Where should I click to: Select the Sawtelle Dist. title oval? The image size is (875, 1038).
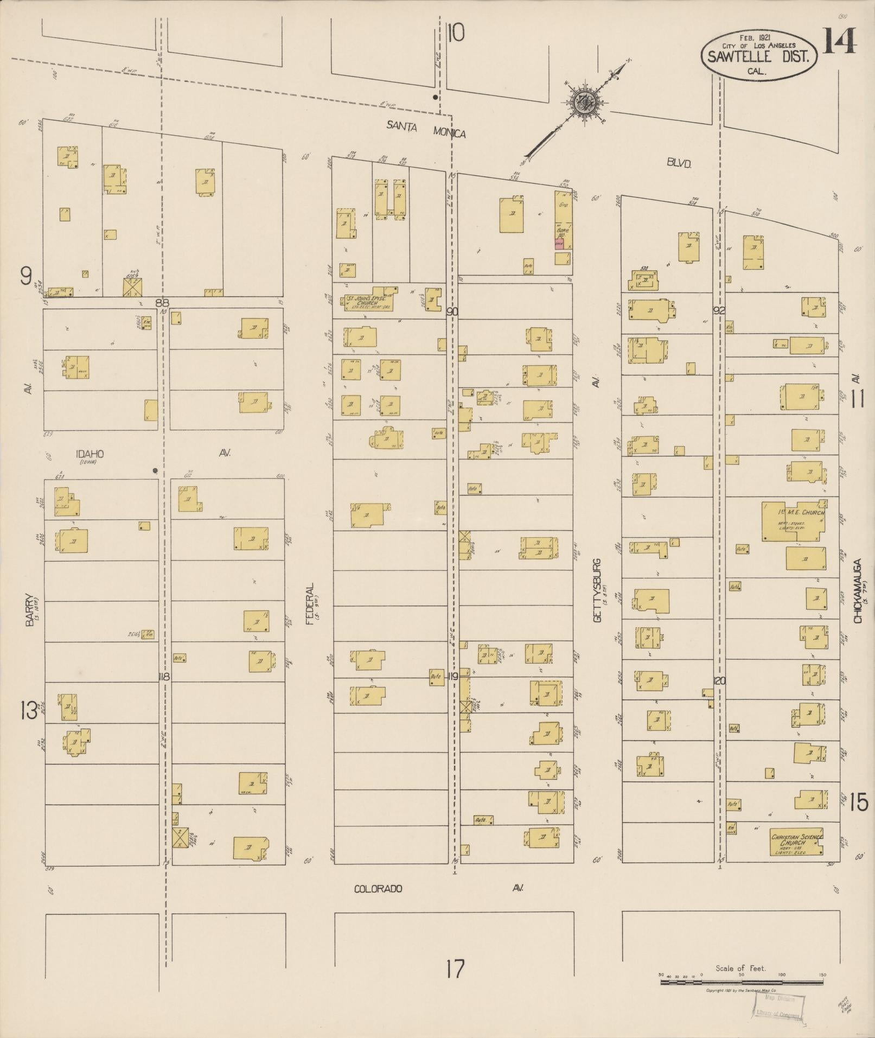coord(759,54)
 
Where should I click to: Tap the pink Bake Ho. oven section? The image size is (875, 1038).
coord(559,244)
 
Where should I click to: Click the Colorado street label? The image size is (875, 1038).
coord(378,889)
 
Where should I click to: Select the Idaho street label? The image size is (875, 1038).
coord(90,454)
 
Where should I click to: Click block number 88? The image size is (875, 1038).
coord(162,303)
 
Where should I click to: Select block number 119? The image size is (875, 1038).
coord(452,677)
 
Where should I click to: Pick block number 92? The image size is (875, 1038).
coord(719,311)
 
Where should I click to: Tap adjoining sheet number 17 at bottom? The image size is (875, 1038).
coord(455,968)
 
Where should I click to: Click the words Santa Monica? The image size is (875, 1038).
coord(426,129)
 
